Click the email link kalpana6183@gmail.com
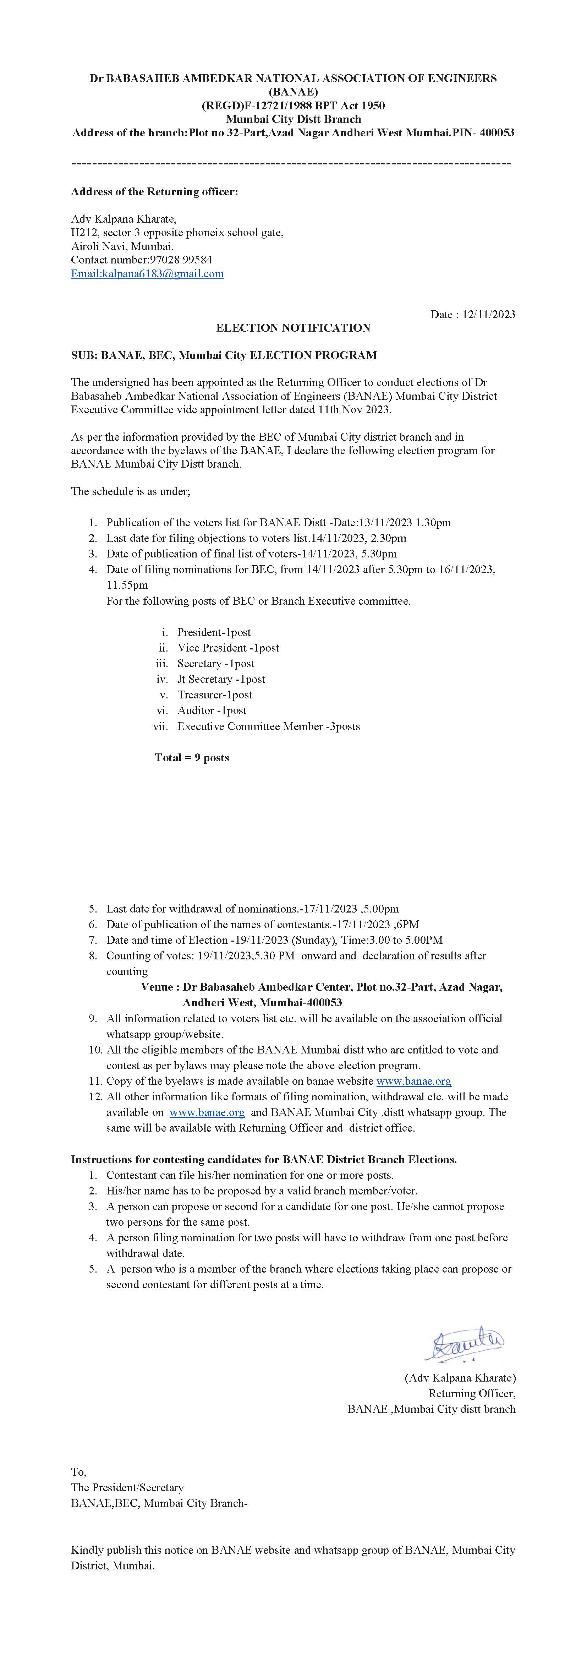tap(148, 273)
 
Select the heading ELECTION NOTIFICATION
tap(293, 328)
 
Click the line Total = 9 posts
tap(192, 758)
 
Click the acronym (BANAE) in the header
tap(293, 92)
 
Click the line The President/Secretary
tap(127, 1487)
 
